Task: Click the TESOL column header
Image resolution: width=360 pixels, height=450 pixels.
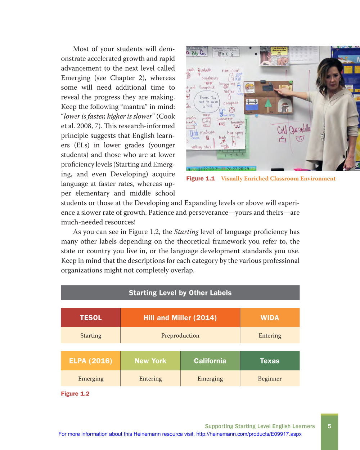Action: tap(91, 318)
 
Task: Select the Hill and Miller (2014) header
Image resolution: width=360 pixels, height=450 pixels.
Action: tap(180, 318)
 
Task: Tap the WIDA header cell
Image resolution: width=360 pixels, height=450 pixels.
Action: tap(270, 318)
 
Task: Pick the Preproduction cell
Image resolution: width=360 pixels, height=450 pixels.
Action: tap(180, 335)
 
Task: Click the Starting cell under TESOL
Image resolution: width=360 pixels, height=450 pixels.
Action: tap(91, 335)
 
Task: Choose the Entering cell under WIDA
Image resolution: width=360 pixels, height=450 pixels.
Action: tap(270, 335)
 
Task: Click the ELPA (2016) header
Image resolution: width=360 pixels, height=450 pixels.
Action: tap(91, 361)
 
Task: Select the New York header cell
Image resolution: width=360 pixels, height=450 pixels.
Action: tap(150, 361)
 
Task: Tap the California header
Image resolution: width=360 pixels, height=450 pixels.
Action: tap(210, 361)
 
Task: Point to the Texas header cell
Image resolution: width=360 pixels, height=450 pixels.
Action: tap(270, 361)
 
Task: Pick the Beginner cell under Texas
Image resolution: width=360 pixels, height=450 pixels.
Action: tap(270, 379)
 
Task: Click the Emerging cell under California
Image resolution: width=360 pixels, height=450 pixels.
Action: tap(210, 379)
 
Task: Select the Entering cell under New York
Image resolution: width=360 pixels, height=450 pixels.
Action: tap(150, 379)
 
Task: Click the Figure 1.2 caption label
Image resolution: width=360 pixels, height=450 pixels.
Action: tap(75, 394)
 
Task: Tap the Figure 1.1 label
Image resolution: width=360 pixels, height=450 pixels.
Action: tap(201, 179)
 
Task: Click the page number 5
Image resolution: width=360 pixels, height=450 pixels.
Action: tap(329, 426)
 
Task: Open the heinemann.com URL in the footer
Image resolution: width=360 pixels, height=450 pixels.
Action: tap(249, 434)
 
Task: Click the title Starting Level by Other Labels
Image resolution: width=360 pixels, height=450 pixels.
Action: tap(180, 293)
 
